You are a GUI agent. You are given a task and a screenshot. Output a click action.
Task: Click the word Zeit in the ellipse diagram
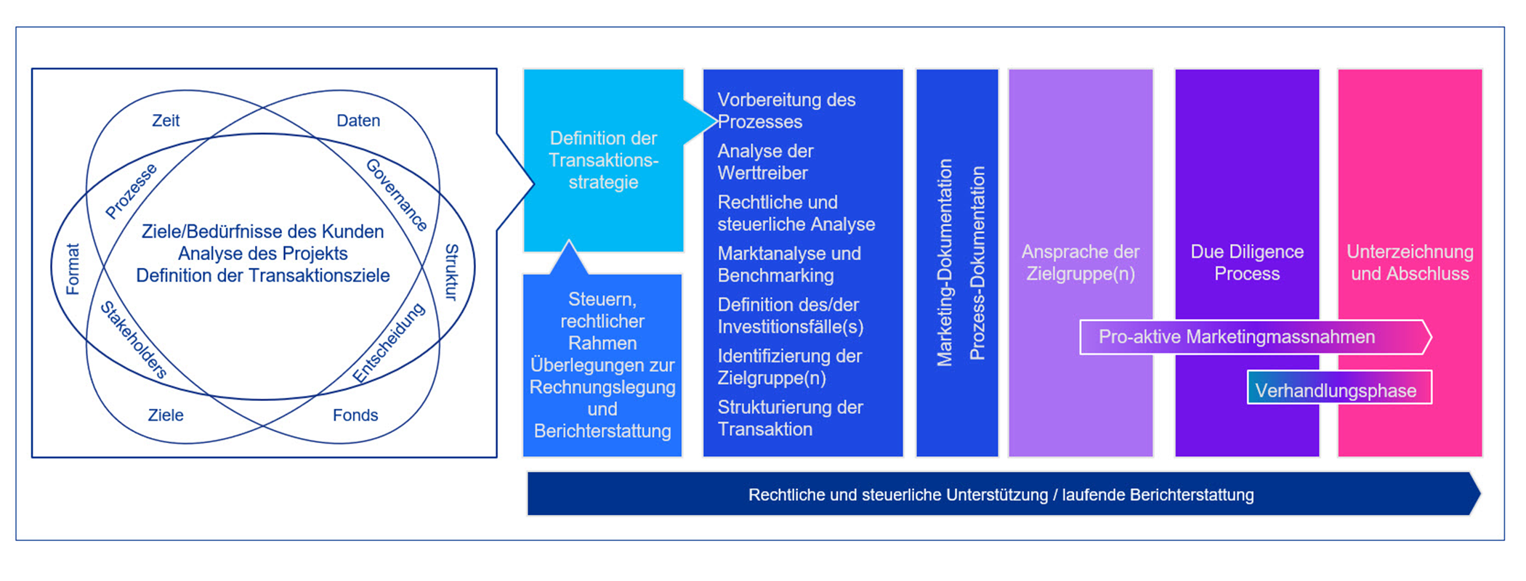tap(166, 121)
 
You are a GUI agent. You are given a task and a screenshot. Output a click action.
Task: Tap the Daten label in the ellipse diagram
tap(358, 121)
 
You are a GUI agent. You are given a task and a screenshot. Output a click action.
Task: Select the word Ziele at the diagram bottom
tap(166, 415)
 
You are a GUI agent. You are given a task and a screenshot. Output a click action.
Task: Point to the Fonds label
tap(355, 415)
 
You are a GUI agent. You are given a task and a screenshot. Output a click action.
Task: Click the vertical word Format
tap(73, 269)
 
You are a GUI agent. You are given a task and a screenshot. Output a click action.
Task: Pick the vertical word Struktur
tap(451, 272)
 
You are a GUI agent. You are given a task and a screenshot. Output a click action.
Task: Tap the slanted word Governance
tap(397, 195)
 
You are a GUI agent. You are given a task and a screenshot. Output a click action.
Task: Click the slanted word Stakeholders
tap(134, 340)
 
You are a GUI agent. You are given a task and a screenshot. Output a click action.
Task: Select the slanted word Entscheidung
tap(389, 343)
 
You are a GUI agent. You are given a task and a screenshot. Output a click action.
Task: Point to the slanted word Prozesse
tap(131, 191)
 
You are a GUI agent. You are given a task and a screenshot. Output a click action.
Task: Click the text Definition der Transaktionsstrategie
tap(603, 161)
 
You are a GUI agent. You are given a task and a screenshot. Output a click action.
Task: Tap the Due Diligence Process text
tap(1247, 263)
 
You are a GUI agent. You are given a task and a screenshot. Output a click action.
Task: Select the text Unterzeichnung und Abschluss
tap(1410, 263)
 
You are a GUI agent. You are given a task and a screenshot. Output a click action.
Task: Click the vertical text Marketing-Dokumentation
tap(945, 263)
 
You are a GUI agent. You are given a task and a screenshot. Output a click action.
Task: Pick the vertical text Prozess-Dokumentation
tap(977, 263)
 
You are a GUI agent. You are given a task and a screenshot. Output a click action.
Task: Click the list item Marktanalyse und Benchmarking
tap(789, 264)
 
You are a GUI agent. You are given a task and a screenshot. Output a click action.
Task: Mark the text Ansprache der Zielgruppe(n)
tap(1081, 263)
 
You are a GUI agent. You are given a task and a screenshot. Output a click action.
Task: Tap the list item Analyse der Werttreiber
tap(765, 162)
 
